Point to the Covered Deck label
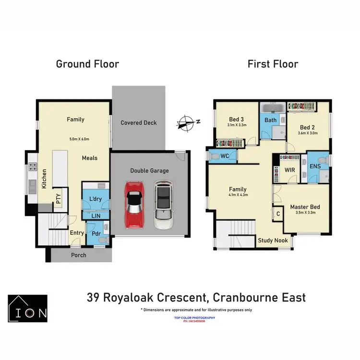coord(139,123)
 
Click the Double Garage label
coord(149,170)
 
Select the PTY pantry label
coord(58,199)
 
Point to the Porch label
coord(79,255)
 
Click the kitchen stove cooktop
coord(34,168)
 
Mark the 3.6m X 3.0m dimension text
coord(308,133)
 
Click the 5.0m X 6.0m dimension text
coord(80,139)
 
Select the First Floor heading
coord(273,64)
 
